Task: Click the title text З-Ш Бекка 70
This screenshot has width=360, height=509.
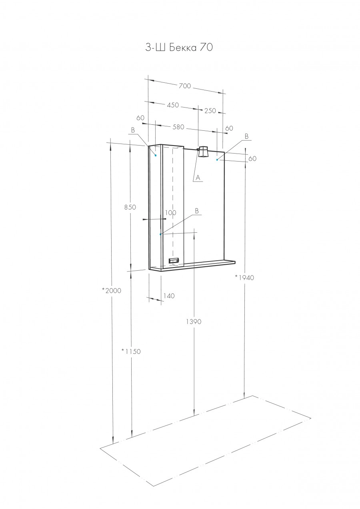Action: (x=179, y=48)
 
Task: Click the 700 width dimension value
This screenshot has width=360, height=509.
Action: (x=184, y=86)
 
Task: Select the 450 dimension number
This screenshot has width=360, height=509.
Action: (x=173, y=105)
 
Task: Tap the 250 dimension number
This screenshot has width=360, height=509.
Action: (x=210, y=111)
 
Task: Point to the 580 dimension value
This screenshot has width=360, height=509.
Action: (x=178, y=127)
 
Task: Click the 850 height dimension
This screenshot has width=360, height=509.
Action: (x=130, y=207)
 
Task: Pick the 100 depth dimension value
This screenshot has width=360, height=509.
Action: (x=170, y=213)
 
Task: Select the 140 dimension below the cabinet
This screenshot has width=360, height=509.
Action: (x=169, y=295)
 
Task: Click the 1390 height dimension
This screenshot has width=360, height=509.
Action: (x=193, y=321)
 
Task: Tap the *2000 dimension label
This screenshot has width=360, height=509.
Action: (x=112, y=290)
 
